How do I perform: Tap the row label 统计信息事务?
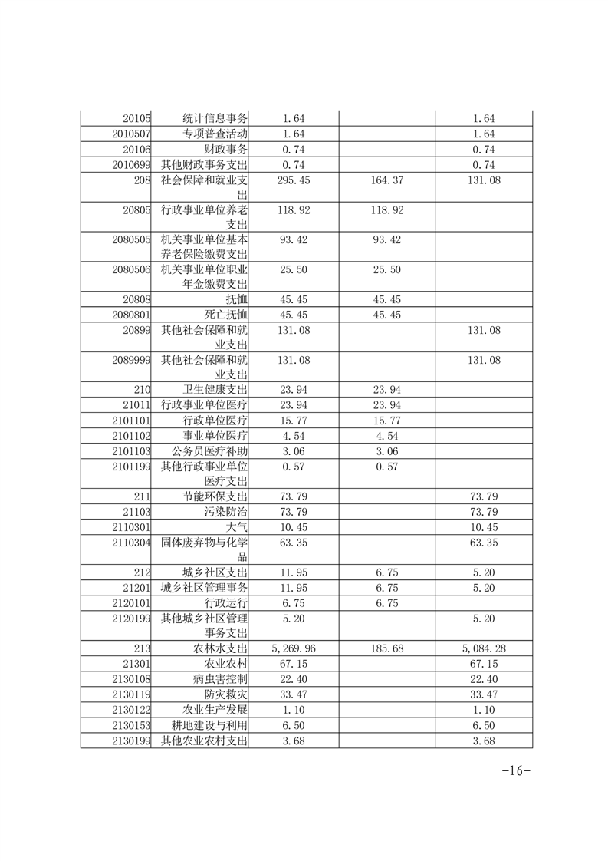point(215,119)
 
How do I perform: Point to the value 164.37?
point(386,180)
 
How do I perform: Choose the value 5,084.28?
point(484,648)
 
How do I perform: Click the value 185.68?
point(386,648)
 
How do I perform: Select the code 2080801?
point(130,315)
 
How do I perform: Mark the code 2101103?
point(130,450)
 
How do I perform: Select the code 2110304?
point(130,543)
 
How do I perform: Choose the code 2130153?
point(130,725)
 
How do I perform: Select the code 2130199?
point(130,741)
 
